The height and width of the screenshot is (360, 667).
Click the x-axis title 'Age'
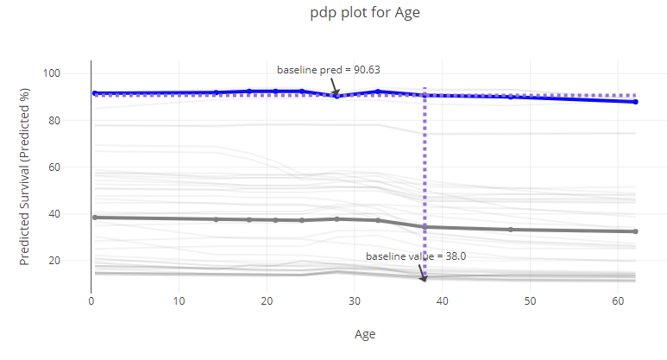pos(365,333)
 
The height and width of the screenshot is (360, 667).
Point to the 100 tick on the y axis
pos(76,73)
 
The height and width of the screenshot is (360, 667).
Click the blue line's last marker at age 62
pos(635,102)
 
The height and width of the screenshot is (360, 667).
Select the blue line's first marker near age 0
pos(95,93)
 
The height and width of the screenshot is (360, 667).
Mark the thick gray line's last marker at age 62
pos(635,231)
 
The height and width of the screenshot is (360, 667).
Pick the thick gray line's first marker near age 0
pos(95,218)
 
